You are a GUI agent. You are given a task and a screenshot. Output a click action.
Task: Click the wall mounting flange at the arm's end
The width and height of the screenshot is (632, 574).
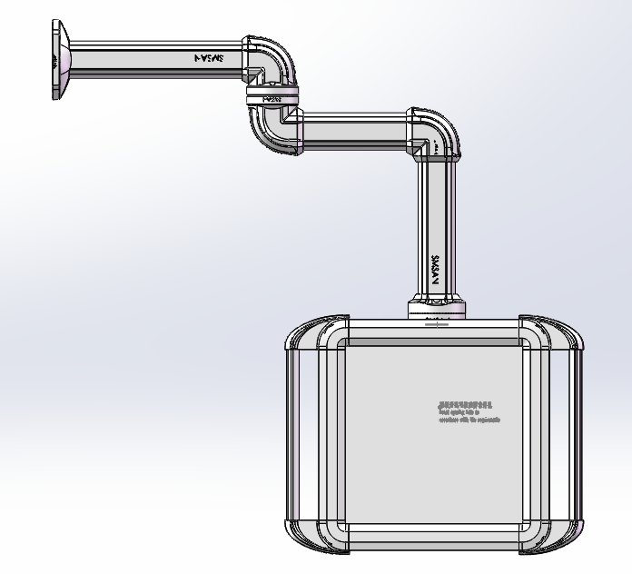tap(58, 60)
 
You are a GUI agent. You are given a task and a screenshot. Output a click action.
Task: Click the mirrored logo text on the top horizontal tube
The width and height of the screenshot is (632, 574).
tap(210, 57)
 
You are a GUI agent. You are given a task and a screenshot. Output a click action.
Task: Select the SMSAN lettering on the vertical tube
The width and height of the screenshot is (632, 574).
tap(435, 270)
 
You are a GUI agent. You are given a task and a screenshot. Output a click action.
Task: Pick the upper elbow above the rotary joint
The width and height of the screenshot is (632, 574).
tap(270, 60)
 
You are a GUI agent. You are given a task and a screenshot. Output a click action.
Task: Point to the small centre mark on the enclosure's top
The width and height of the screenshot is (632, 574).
tap(436, 322)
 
